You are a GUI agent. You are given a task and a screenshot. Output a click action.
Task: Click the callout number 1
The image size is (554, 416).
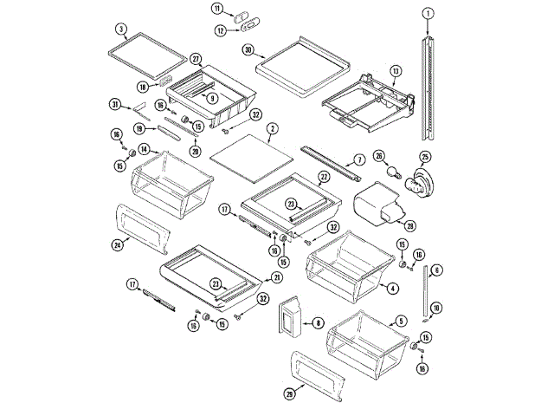coord(427,13)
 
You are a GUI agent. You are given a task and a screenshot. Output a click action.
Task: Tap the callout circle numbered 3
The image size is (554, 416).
coord(121,29)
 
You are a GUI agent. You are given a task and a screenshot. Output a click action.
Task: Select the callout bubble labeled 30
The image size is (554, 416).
coord(248,50)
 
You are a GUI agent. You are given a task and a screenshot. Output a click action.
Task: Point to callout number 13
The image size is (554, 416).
coord(396,70)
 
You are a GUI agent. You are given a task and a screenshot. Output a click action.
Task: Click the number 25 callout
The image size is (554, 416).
coord(425,157)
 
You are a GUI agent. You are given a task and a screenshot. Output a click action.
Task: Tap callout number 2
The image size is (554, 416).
coord(272,129)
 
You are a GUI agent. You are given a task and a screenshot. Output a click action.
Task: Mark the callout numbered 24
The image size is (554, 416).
coord(116,245)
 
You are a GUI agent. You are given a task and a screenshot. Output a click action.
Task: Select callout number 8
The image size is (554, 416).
coord(319,323)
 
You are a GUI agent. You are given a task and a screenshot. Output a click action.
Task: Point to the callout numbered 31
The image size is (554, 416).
coord(114,105)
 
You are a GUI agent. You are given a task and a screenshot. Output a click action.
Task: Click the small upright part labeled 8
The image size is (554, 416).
coord(288,316)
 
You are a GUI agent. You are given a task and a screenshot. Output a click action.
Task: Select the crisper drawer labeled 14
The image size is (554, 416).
coord(171,184)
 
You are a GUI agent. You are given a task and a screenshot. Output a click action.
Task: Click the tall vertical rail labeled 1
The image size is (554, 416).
coord(427,87)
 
